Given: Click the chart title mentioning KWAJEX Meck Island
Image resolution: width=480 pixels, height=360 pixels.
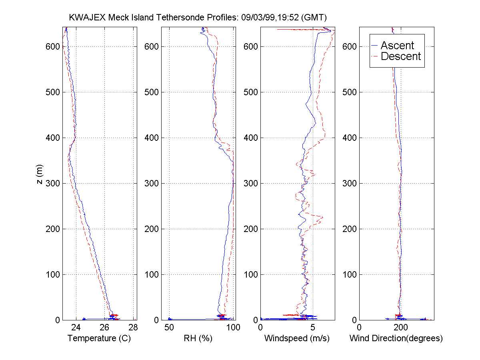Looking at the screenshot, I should (198, 18).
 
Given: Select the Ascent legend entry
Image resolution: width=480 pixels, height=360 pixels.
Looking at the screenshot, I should (397, 45).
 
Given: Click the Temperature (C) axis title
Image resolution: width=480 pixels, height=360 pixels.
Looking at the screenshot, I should (99, 338).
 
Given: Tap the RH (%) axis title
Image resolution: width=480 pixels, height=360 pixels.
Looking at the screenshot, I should (198, 338).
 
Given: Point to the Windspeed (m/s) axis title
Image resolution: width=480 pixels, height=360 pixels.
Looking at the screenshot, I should (297, 338).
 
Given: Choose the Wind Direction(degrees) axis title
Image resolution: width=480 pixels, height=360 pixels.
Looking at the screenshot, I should (396, 338).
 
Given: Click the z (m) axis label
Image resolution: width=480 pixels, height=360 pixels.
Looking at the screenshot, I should (39, 174).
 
